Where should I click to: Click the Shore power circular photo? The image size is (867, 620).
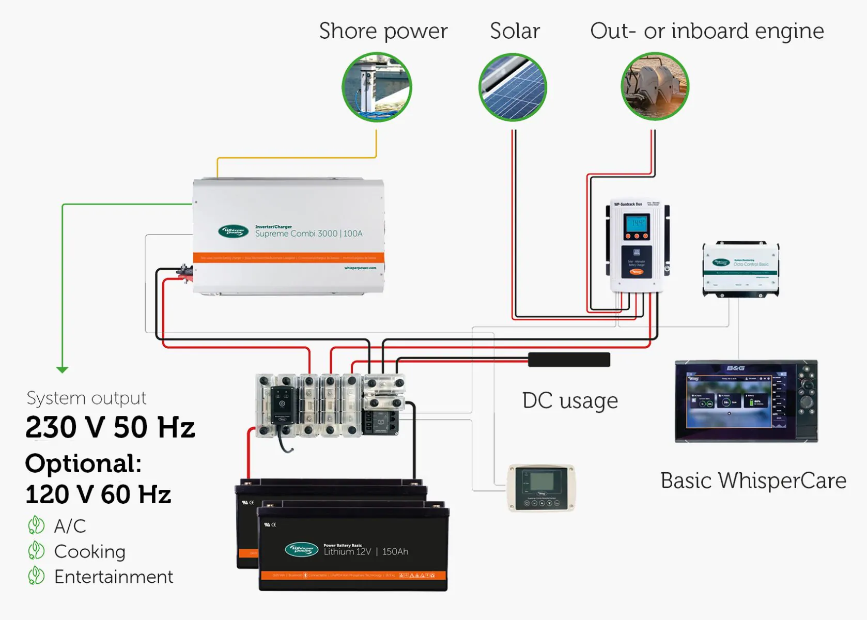377,87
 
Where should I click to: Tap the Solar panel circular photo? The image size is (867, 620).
513,87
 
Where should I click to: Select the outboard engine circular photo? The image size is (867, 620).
655,86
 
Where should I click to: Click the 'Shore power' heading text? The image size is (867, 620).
383,31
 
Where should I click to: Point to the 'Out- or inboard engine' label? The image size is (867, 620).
706,31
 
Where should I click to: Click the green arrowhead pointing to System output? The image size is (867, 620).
62,369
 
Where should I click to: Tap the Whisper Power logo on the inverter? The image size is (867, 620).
233,231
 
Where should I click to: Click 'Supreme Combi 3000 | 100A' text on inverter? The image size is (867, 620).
308,234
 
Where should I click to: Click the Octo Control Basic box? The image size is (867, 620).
740,269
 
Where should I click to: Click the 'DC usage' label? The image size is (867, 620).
570,401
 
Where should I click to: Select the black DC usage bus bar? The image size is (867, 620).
569,360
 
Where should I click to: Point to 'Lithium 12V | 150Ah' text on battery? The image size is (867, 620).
366,552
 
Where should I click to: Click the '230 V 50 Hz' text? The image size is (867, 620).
110,428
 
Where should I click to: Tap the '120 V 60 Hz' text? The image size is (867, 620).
98,494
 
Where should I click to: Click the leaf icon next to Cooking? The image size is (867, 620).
36,551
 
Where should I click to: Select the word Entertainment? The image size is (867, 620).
114,577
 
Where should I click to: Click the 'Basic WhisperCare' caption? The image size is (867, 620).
753,481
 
